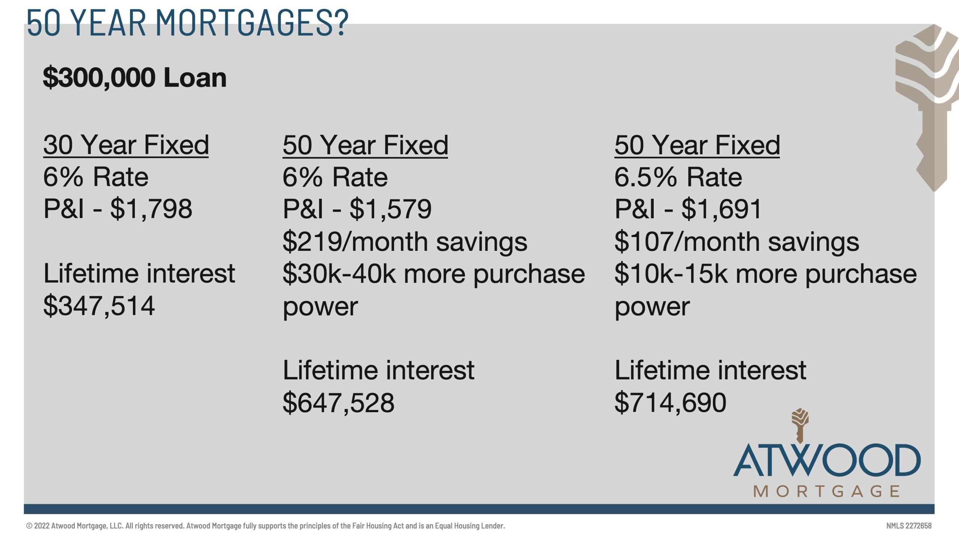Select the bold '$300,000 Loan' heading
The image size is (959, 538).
pyautogui.click(x=135, y=78)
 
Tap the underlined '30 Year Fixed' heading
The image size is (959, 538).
pyautogui.click(x=126, y=145)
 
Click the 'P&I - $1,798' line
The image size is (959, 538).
pyautogui.click(x=118, y=209)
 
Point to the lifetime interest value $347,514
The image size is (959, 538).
pyautogui.click(x=99, y=306)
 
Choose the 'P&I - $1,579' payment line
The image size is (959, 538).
pyautogui.click(x=357, y=209)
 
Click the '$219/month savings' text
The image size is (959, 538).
pyautogui.click(x=405, y=241)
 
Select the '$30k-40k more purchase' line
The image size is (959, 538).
pyautogui.click(x=434, y=274)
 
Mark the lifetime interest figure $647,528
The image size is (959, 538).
pyautogui.click(x=339, y=403)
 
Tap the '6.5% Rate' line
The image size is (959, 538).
pyautogui.click(x=678, y=177)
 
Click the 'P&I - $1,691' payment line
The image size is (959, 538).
pyautogui.click(x=688, y=209)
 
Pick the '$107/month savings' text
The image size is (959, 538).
pyautogui.click(x=737, y=241)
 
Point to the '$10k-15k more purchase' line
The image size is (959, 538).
pyautogui.click(x=766, y=274)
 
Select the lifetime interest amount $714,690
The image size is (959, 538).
pyautogui.click(x=671, y=403)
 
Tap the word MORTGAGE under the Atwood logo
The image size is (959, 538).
pyautogui.click(x=827, y=491)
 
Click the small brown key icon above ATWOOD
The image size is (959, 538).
pyautogui.click(x=800, y=426)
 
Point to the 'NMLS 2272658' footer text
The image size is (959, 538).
pyautogui.click(x=909, y=526)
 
